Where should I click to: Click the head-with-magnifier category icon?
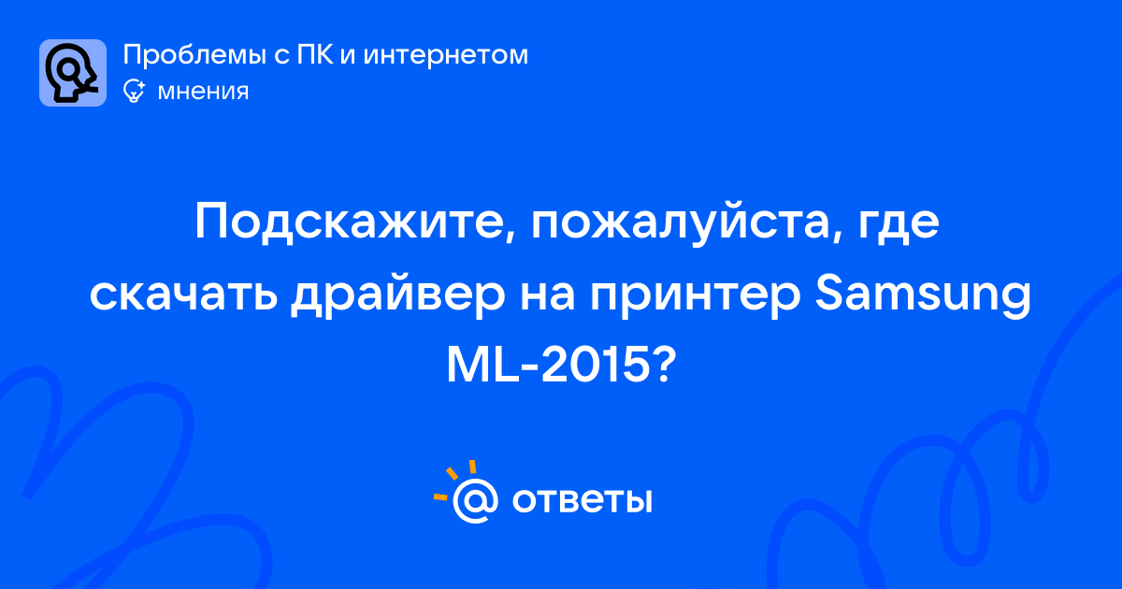tap(73, 73)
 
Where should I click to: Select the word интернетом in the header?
tap(446, 55)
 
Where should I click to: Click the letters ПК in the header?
tap(315, 54)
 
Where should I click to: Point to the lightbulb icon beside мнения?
tap(134, 92)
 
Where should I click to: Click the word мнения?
tap(203, 93)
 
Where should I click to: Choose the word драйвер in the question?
tap(397, 298)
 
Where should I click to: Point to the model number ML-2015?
tap(545, 366)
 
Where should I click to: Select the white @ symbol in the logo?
tap(475, 501)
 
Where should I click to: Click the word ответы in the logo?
tap(582, 500)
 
